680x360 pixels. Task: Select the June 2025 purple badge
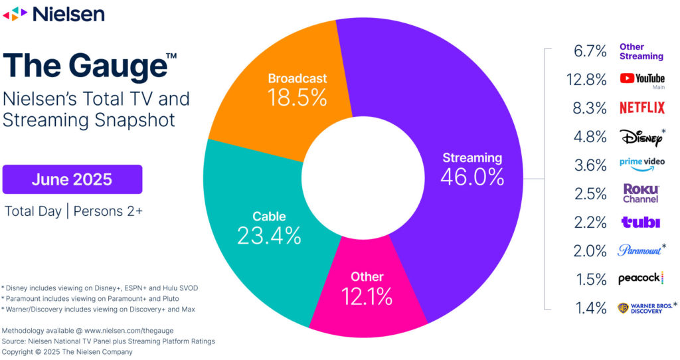pyautogui.click(x=72, y=179)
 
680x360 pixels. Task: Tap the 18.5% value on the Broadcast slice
pyautogui.click(x=297, y=98)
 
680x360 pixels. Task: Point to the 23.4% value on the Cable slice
pyautogui.click(x=269, y=234)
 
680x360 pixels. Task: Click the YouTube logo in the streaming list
pyautogui.click(x=641, y=79)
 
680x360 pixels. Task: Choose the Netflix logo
pyautogui.click(x=641, y=108)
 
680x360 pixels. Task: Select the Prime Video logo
pyautogui.click(x=641, y=163)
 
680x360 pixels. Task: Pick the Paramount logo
pyautogui.click(x=639, y=250)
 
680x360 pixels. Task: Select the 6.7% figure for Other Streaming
pyautogui.click(x=590, y=51)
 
